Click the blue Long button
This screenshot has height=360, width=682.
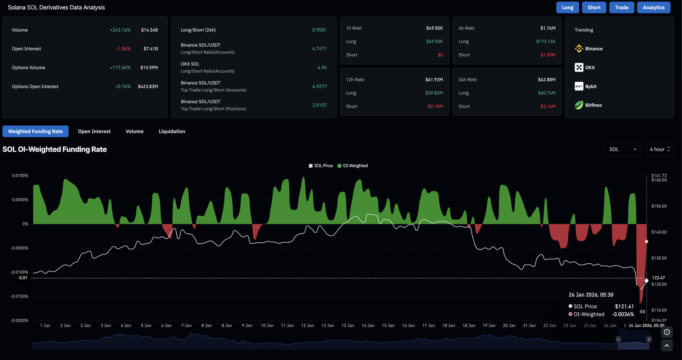coord(567,8)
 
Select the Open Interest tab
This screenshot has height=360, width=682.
coord(94,131)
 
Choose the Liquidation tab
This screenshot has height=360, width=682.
coord(172,131)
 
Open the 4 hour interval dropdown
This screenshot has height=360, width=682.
coord(660,149)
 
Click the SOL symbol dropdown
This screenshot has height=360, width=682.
coord(623,149)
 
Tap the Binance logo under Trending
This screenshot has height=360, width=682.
coord(579,49)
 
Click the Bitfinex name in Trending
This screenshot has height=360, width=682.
coord(594,105)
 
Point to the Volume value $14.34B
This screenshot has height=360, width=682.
coord(149,30)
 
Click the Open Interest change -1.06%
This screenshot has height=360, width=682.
coord(123,49)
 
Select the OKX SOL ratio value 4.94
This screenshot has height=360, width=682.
coord(322,67)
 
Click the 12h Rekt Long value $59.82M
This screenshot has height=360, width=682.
coord(435,93)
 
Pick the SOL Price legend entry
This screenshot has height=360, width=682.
coord(321,166)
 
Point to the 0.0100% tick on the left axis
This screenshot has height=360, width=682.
coord(20,176)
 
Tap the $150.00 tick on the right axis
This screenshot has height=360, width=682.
coord(659,206)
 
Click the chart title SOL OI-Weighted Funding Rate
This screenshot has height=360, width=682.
coord(55,149)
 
